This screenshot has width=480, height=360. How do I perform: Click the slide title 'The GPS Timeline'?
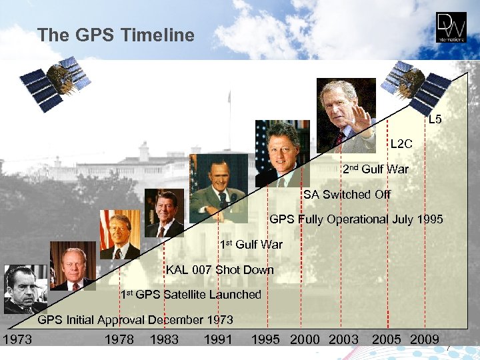pos(116,35)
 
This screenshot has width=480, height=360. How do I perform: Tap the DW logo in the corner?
pos(451,28)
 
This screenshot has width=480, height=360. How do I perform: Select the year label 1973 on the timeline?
pos(17,340)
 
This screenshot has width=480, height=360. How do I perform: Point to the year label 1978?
pos(119,340)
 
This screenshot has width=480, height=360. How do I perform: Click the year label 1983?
pos(164,340)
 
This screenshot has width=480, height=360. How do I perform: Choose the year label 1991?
pos(218,340)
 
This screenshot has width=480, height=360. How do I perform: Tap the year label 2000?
pos(305,340)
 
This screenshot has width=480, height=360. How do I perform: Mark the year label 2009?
pos(424,340)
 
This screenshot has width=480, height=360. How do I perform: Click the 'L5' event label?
pos(435,120)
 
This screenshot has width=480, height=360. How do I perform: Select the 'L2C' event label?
pos(401,144)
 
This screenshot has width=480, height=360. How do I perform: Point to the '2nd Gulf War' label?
pos(375,169)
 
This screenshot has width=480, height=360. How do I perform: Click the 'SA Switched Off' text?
pos(347,195)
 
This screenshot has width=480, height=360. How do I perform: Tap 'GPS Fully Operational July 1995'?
pos(356,219)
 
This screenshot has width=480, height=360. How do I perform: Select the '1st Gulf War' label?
pos(251,245)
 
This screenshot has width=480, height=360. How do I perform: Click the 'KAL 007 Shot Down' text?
pos(220,270)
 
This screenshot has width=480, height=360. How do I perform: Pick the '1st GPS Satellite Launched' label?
pos(191,295)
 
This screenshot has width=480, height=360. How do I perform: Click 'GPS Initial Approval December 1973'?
pos(135,320)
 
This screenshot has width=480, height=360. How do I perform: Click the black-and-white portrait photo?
pos(25,289)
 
